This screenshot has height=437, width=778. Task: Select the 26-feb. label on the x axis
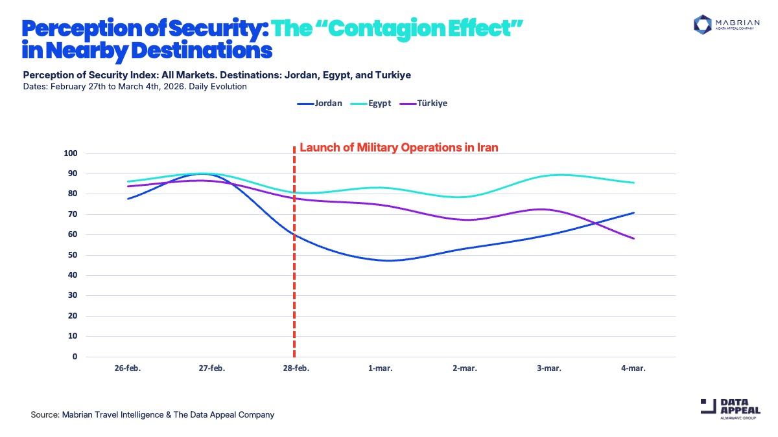pos(128,368)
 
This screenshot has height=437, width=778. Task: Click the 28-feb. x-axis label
pos(296,368)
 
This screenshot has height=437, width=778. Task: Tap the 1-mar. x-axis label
pos(381,368)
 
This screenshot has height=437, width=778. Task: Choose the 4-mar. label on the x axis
pos(633,368)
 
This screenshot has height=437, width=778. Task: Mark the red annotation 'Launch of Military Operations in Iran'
pos(399,148)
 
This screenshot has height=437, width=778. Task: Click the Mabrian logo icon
pos(703,24)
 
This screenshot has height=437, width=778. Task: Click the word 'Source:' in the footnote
pos(45,414)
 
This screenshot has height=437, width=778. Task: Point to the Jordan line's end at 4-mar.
pos(633,213)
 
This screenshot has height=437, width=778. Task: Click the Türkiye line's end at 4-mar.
pos(633,239)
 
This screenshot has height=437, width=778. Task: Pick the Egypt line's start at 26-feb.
pos(128,182)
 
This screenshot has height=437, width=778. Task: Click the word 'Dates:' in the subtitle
pos(35,86)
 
